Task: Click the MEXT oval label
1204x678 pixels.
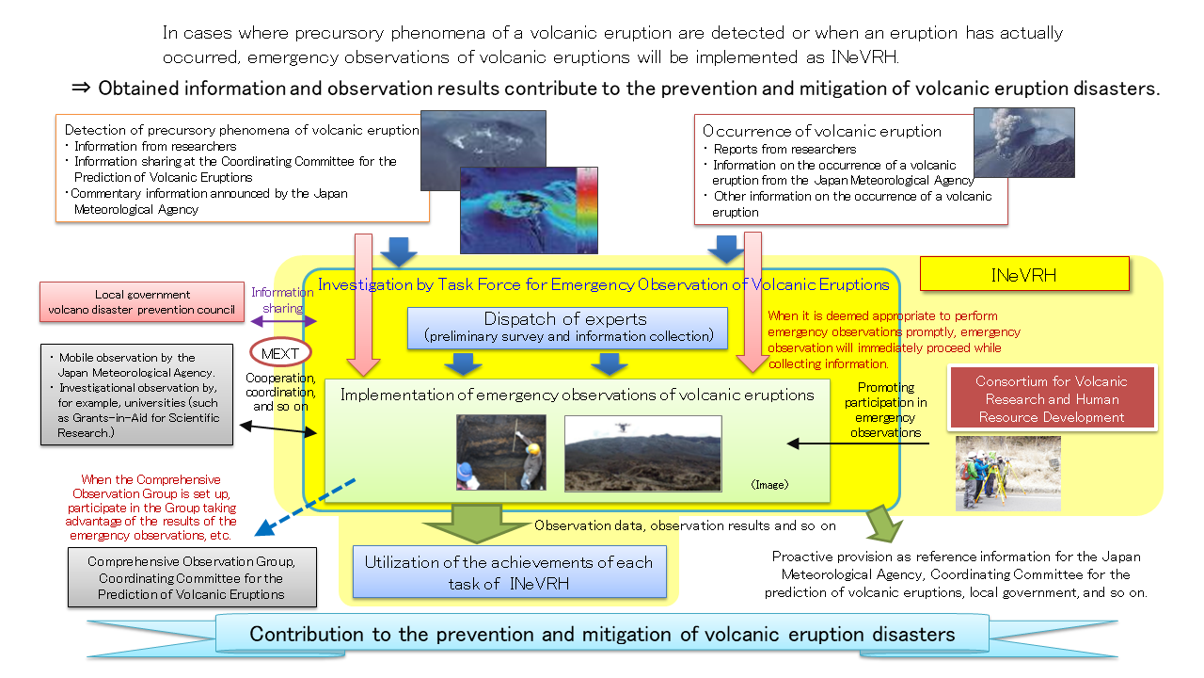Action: [x=280, y=354]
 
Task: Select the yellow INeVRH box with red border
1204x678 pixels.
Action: [x=1023, y=274]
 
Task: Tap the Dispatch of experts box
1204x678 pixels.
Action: [x=567, y=327]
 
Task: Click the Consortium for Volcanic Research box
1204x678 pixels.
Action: [x=1052, y=399]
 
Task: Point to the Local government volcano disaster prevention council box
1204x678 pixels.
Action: [x=143, y=301]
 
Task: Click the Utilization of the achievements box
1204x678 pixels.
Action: [x=508, y=572]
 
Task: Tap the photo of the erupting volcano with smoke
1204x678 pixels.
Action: [x=1023, y=142]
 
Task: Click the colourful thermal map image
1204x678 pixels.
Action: [x=529, y=211]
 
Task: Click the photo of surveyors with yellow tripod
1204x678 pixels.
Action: [x=1006, y=473]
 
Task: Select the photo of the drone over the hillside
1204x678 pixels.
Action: [x=642, y=454]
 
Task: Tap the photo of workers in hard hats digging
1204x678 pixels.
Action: [x=500, y=453]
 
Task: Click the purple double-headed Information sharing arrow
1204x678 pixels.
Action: [x=282, y=322]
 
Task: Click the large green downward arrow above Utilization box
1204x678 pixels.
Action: [x=477, y=522]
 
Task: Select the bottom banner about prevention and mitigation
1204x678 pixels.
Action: [x=602, y=634]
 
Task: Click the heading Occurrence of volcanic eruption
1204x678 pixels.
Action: [x=821, y=131]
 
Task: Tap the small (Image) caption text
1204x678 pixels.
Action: [x=769, y=485]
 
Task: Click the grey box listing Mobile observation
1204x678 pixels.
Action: [x=136, y=395]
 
